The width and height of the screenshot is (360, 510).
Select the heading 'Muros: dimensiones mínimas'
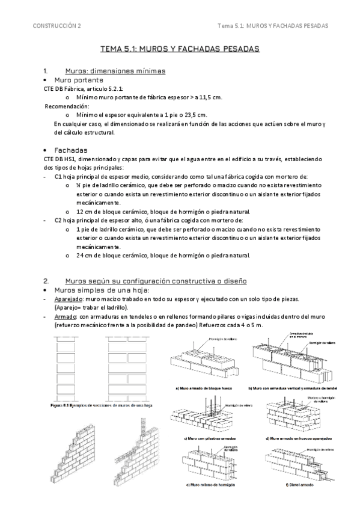point(115,71)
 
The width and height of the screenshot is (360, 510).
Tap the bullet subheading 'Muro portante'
point(79,79)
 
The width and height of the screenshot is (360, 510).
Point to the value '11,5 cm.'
point(209,97)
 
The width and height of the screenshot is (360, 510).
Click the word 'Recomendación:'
point(67,106)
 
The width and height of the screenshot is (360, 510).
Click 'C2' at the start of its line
point(58,220)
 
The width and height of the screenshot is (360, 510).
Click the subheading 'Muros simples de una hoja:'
point(98,290)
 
